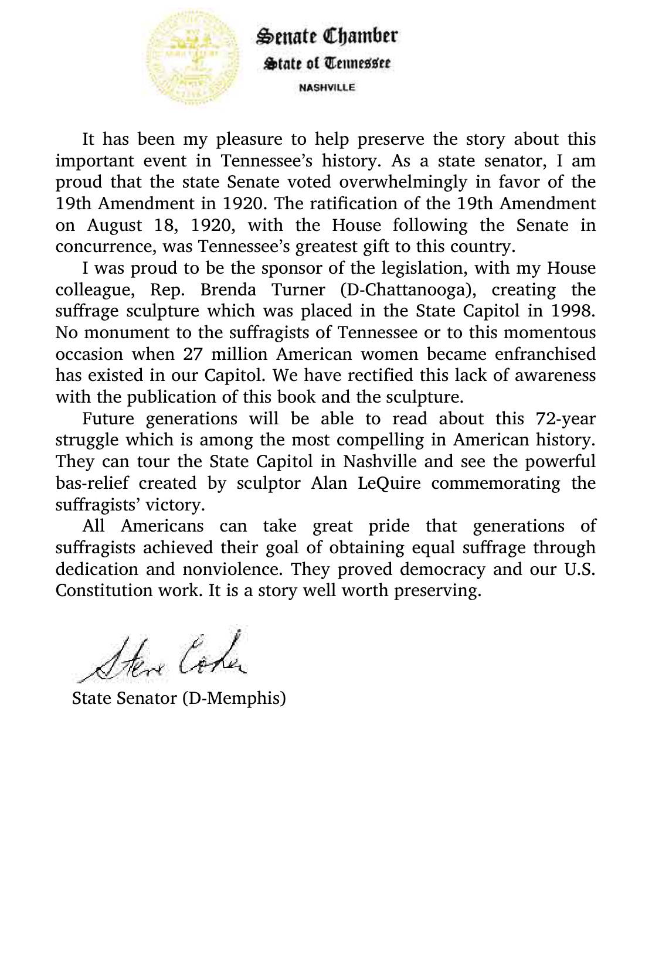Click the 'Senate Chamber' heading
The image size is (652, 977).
coord(327,36)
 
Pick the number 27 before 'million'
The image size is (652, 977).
coord(193,354)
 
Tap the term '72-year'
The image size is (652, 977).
coord(565,418)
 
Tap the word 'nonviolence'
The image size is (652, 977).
coord(232,569)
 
